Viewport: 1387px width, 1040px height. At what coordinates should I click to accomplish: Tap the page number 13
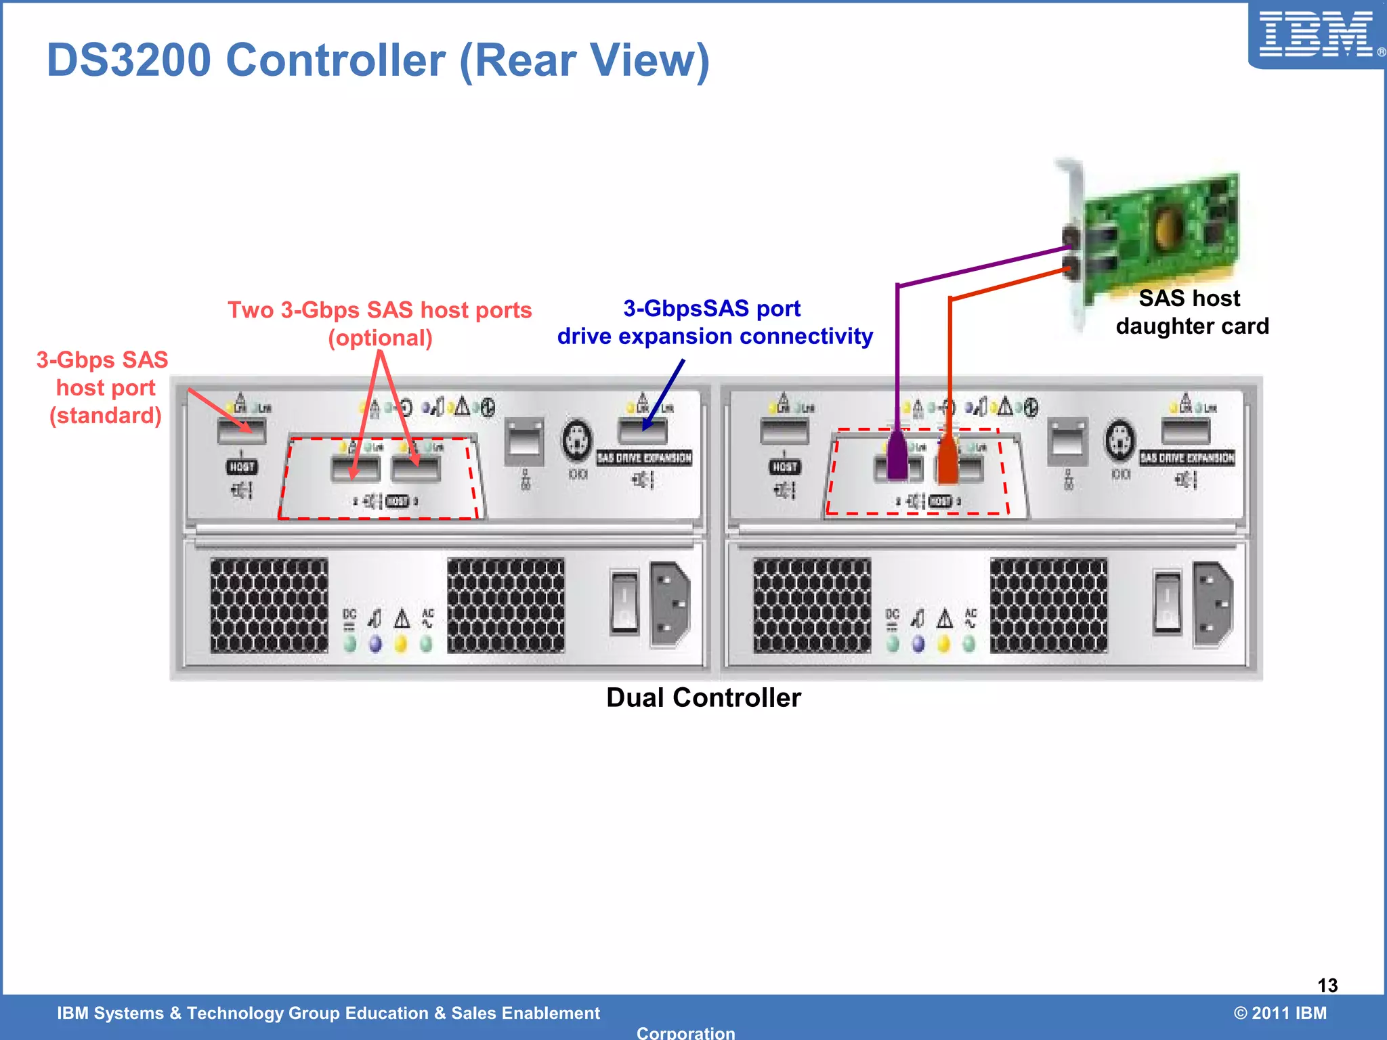pos(1327,985)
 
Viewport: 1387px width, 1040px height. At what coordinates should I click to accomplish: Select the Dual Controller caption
pos(703,697)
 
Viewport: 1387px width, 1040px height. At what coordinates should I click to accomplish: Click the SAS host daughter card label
pos(1191,312)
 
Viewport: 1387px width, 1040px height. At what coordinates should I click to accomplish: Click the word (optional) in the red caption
pos(380,338)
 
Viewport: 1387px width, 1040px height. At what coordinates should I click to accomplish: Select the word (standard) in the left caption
pos(106,415)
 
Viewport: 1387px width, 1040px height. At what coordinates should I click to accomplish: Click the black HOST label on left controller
pos(241,467)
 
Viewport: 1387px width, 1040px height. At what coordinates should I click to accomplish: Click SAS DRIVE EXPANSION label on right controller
pos(1187,458)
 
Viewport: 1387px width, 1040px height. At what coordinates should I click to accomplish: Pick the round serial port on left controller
pos(577,440)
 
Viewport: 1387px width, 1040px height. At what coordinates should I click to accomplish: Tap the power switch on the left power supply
pos(624,601)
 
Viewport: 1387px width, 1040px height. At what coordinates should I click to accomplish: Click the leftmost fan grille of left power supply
pos(269,605)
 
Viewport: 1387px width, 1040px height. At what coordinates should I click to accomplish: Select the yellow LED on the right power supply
pos(943,643)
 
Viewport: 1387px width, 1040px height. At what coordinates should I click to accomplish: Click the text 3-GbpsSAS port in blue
pos(712,309)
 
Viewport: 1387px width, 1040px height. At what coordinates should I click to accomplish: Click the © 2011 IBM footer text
pos(1280,1013)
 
